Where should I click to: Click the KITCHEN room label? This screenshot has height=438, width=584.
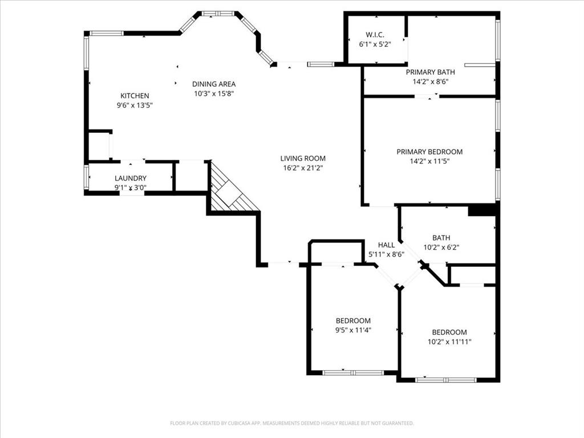tap(135, 96)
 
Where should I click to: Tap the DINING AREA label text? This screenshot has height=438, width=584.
tap(214, 84)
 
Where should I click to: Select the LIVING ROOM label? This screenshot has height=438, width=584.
tap(303, 159)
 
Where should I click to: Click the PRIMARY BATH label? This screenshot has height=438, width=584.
tap(430, 72)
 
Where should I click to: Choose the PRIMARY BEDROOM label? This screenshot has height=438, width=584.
tap(429, 152)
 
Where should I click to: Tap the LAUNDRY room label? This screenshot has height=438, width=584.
tap(131, 178)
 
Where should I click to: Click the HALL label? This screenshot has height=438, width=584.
tap(386, 245)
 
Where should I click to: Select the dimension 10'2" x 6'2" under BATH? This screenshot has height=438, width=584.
tap(441, 248)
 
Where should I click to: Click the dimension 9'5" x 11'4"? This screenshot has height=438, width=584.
tap(353, 330)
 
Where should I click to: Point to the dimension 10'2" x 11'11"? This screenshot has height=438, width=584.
tap(449, 342)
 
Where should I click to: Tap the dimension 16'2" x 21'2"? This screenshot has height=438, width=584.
tap(303, 168)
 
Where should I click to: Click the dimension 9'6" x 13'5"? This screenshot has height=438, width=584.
tap(135, 105)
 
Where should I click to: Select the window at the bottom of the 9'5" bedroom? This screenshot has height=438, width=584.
tap(352, 372)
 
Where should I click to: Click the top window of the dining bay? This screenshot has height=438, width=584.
tap(218, 13)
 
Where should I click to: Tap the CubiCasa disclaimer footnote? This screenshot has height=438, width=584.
tap(291, 423)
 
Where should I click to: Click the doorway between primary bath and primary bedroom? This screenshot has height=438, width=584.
tap(427, 96)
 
